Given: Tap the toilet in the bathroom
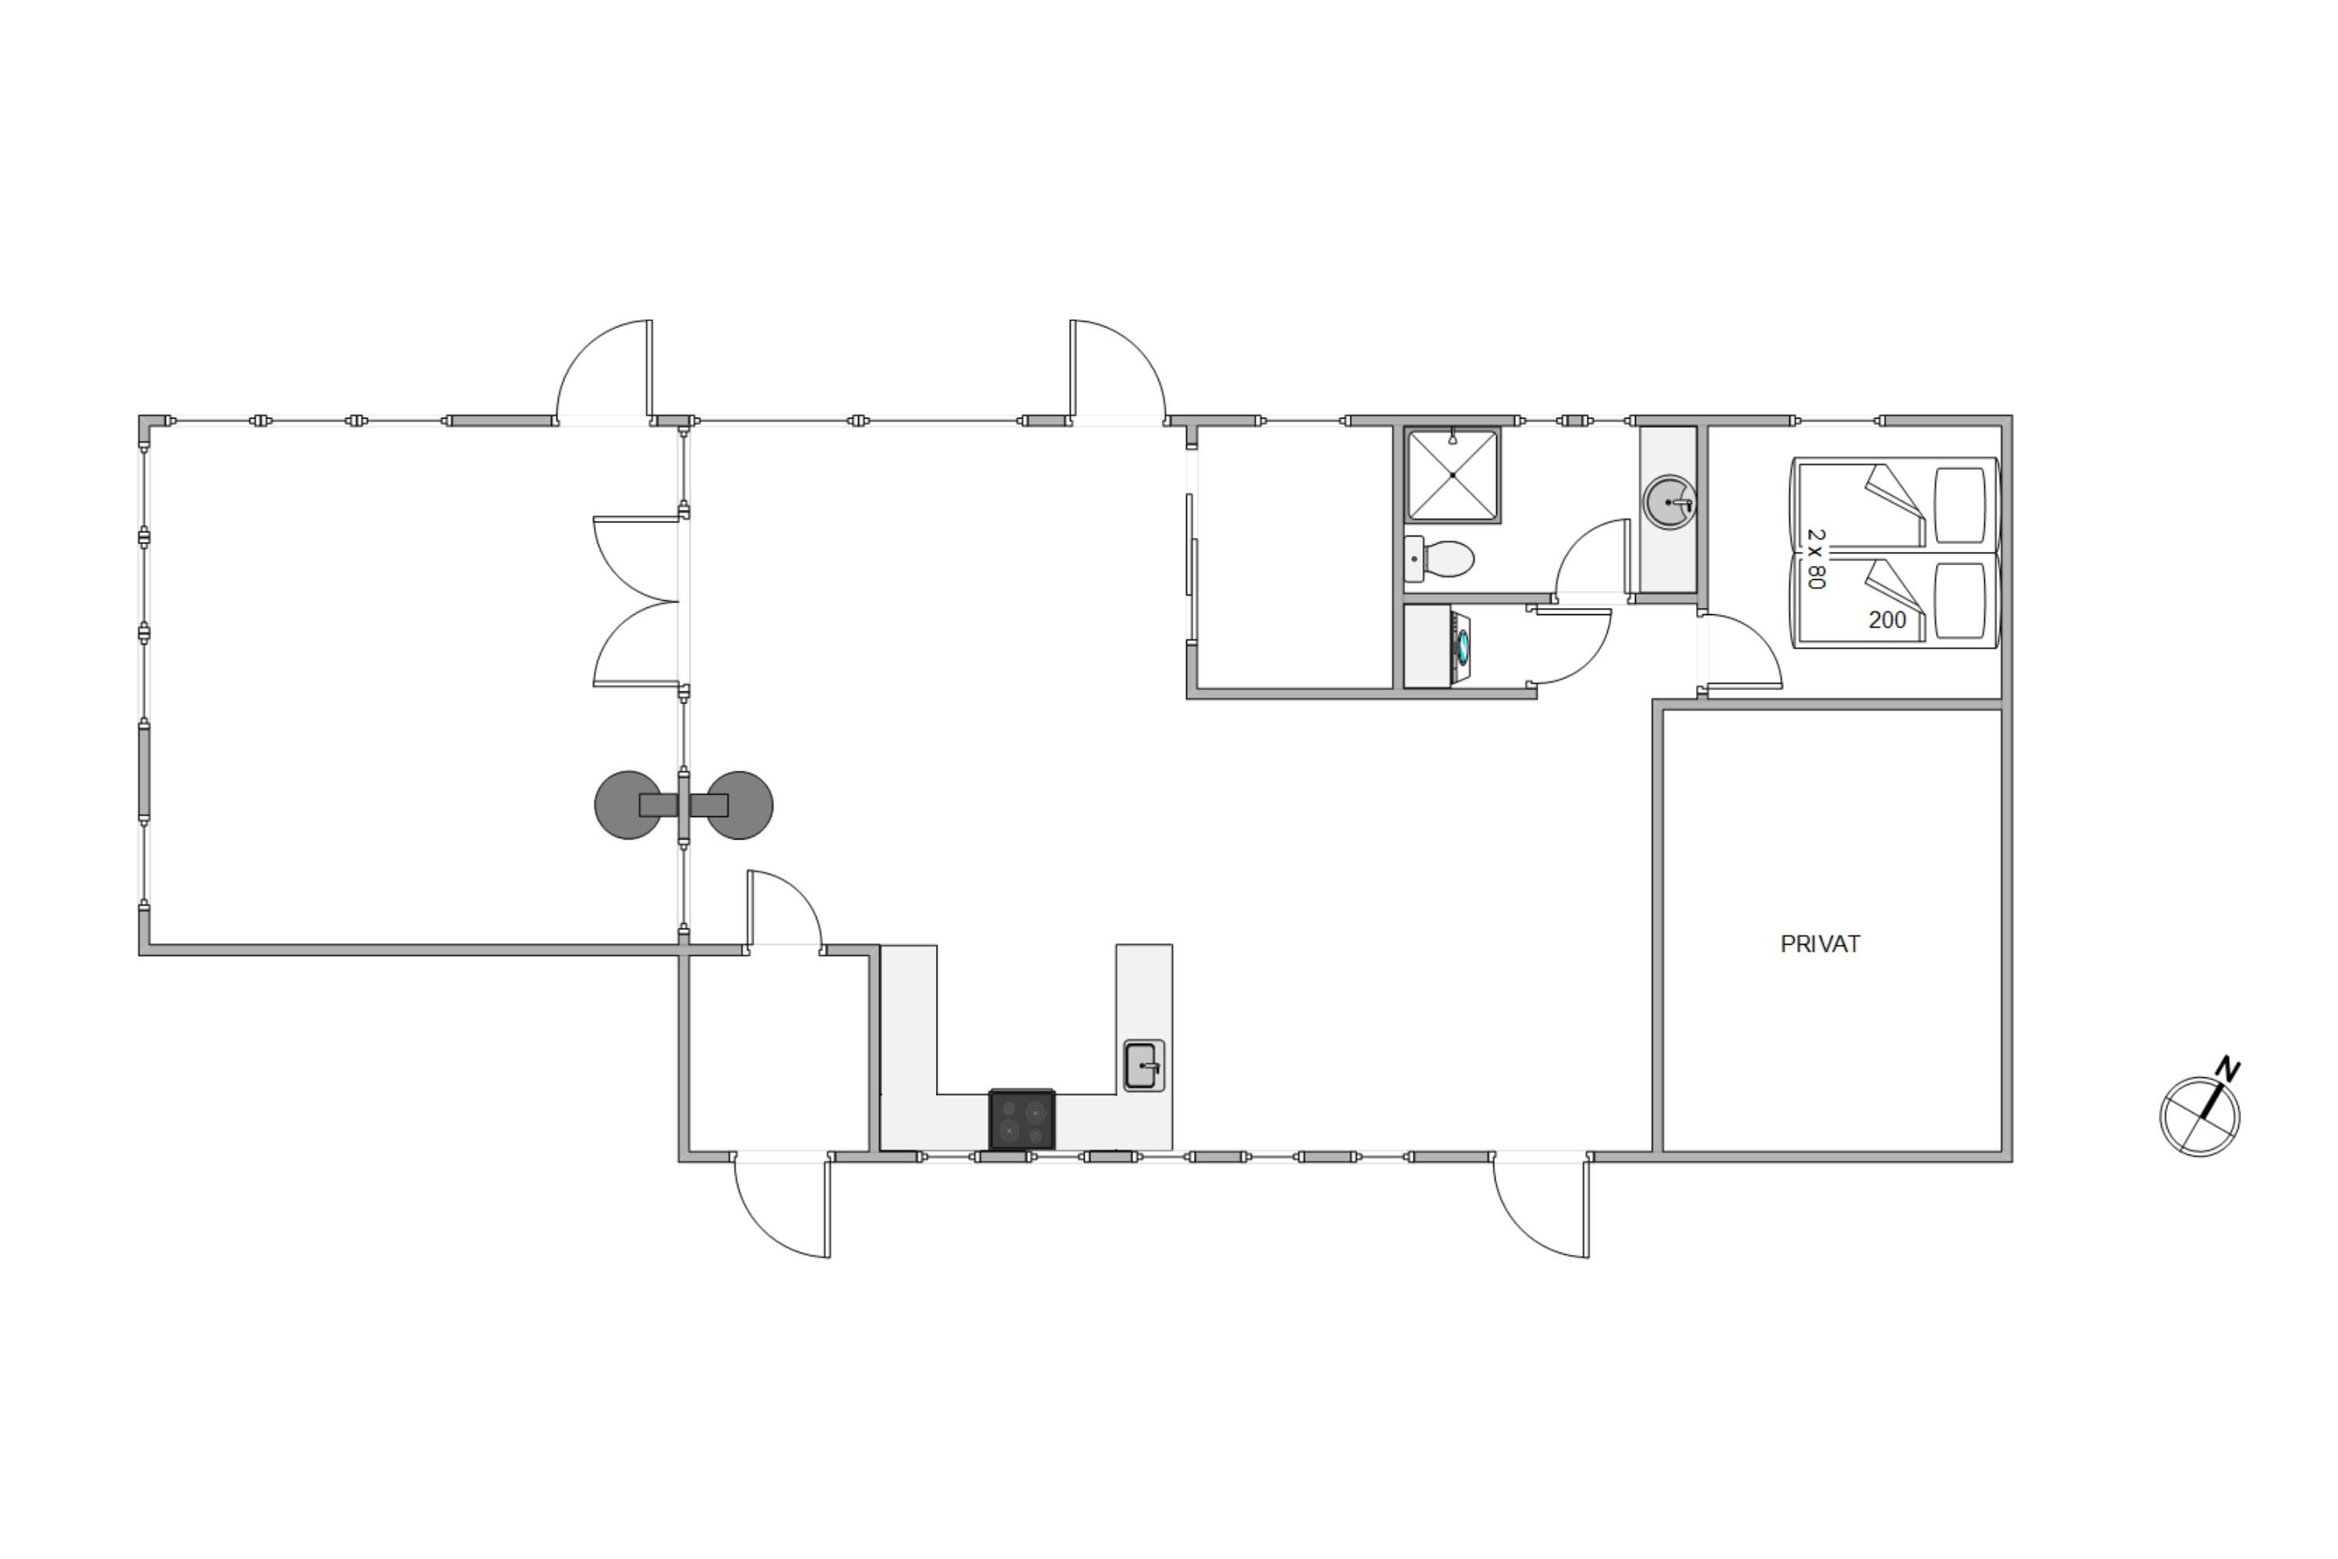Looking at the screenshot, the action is (x=1439, y=559).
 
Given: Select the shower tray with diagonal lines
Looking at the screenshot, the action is (x=1453, y=475).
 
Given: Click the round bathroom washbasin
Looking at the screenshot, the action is (x=1670, y=502).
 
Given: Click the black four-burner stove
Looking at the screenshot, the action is (x=1022, y=1119).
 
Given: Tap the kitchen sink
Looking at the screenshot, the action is (x=1143, y=1066).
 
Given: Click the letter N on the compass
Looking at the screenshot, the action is (x=2227, y=1071).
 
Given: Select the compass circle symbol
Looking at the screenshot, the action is (x=2200, y=1115).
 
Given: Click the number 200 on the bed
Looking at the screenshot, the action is (x=1887, y=620).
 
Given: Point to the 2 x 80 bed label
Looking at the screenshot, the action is (x=1816, y=559).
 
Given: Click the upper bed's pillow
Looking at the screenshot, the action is (x=1960, y=505).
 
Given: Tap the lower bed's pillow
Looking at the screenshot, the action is (x=1960, y=602).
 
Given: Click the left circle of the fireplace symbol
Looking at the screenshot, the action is (x=627, y=805).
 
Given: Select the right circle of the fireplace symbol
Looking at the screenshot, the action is (x=740, y=805).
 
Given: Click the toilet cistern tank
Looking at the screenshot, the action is (x=1414, y=559).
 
